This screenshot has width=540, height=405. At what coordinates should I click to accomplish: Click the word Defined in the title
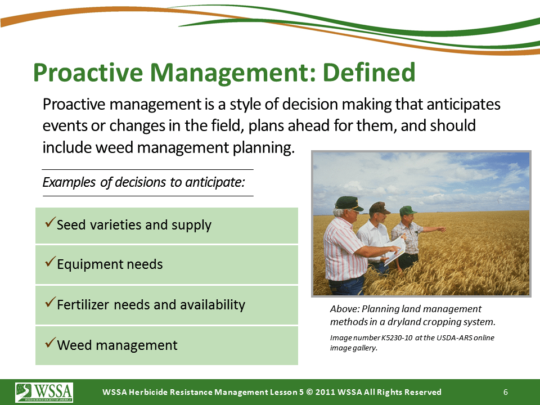coord(369,73)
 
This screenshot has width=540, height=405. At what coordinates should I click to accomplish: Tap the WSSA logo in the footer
coord(44,393)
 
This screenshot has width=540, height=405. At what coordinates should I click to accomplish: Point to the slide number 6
coord(506,392)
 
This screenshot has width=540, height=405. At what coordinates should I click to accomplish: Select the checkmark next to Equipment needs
coord(50,262)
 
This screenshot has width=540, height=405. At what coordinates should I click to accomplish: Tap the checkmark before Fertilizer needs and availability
coord(50,302)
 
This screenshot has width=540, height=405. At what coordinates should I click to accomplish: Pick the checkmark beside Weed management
coord(50,343)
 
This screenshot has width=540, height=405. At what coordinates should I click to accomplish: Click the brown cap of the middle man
coord(379,208)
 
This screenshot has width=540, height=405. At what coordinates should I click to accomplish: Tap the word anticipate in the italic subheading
coord(214,182)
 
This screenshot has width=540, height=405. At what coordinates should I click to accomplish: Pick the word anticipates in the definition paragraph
coord(463,105)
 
